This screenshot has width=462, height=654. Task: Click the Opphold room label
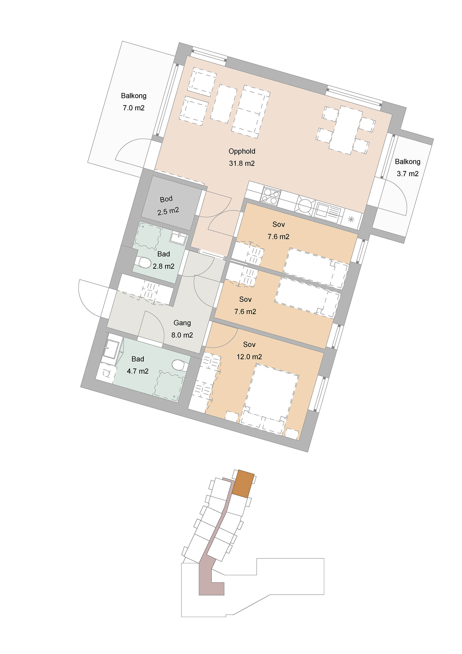[x=242, y=151]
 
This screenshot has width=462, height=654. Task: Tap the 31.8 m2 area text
[x=242, y=163]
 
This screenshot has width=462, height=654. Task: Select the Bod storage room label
[x=166, y=199]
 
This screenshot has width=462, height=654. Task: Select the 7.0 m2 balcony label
[x=133, y=102]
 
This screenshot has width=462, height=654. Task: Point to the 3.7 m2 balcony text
[x=408, y=168]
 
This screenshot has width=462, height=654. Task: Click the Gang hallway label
[x=182, y=323]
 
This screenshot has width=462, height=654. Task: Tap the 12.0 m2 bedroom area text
[x=249, y=357]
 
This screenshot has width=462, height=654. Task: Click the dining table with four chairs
[x=345, y=130]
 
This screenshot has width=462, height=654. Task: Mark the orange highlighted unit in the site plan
[x=243, y=484]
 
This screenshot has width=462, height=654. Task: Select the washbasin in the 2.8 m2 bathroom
[x=178, y=238]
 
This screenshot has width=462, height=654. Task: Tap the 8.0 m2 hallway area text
[x=182, y=335]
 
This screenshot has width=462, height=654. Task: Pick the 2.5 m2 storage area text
[x=168, y=211]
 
